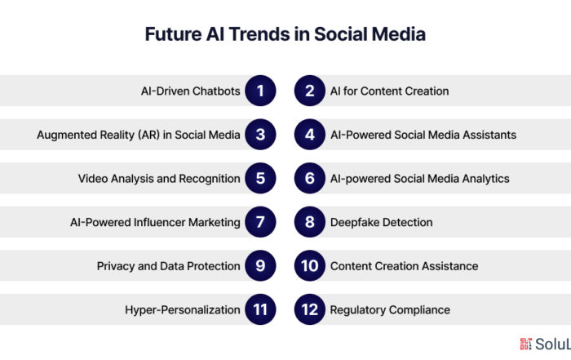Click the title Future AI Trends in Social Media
285,34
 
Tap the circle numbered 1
260,91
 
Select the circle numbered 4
309,135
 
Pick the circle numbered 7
260,222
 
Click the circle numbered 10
309,265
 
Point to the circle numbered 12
309,309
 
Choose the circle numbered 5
260,178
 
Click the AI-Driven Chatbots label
190,91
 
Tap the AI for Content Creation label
389,91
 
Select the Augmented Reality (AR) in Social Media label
139,136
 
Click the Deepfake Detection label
381,222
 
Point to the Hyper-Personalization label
183,310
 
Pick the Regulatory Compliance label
390,310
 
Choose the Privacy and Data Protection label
169,266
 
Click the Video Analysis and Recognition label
159,179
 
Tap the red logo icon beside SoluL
525,344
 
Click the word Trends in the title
259,34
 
